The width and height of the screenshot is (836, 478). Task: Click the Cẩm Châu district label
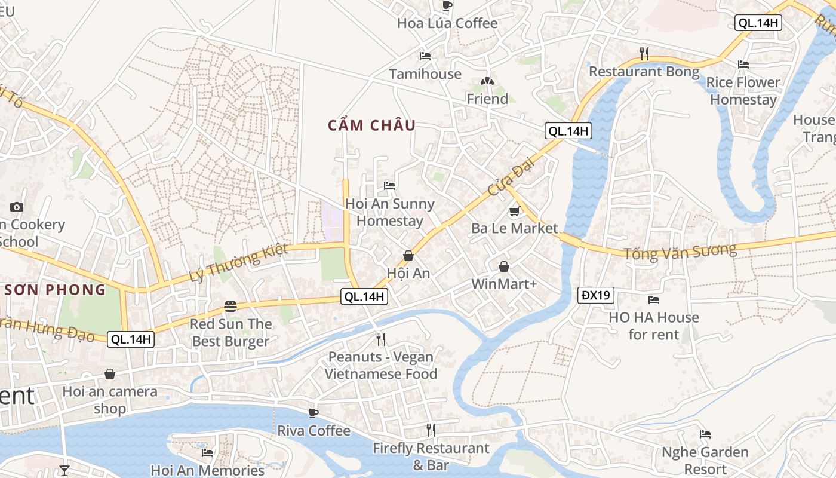371,125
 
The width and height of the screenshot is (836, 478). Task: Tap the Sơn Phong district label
55,290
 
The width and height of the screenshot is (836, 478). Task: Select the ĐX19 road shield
596,295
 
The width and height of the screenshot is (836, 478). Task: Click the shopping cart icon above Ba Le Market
514,211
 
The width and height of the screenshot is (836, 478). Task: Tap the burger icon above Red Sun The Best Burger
230,307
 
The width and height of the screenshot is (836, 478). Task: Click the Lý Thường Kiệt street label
238,262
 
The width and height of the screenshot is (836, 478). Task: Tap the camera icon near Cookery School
17,207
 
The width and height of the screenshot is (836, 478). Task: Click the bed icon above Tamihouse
425,56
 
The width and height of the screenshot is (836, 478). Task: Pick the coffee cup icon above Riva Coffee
313,413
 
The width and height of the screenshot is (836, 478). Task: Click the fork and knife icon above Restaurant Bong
644,54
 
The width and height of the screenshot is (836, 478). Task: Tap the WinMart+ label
504,284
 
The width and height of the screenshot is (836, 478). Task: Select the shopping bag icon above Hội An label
408,256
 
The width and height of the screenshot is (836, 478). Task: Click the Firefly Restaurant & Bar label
431,456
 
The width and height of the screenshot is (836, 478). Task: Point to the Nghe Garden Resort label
705,460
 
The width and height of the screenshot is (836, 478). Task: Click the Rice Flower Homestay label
743,91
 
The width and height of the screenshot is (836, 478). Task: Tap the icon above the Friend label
487,81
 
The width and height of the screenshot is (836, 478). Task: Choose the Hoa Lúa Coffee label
447,23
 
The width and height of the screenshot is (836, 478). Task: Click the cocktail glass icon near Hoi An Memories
64,470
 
